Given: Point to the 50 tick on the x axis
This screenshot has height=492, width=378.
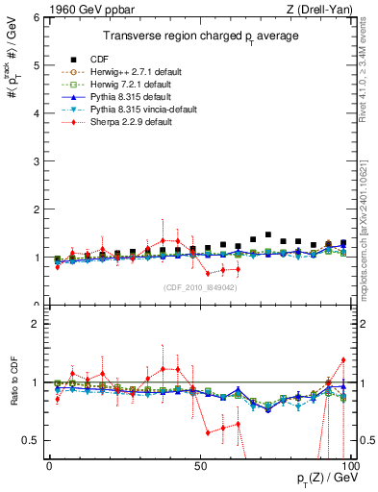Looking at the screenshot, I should pos(200,466).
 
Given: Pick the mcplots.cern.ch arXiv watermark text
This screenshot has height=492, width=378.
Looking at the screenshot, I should pos(368,221).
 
